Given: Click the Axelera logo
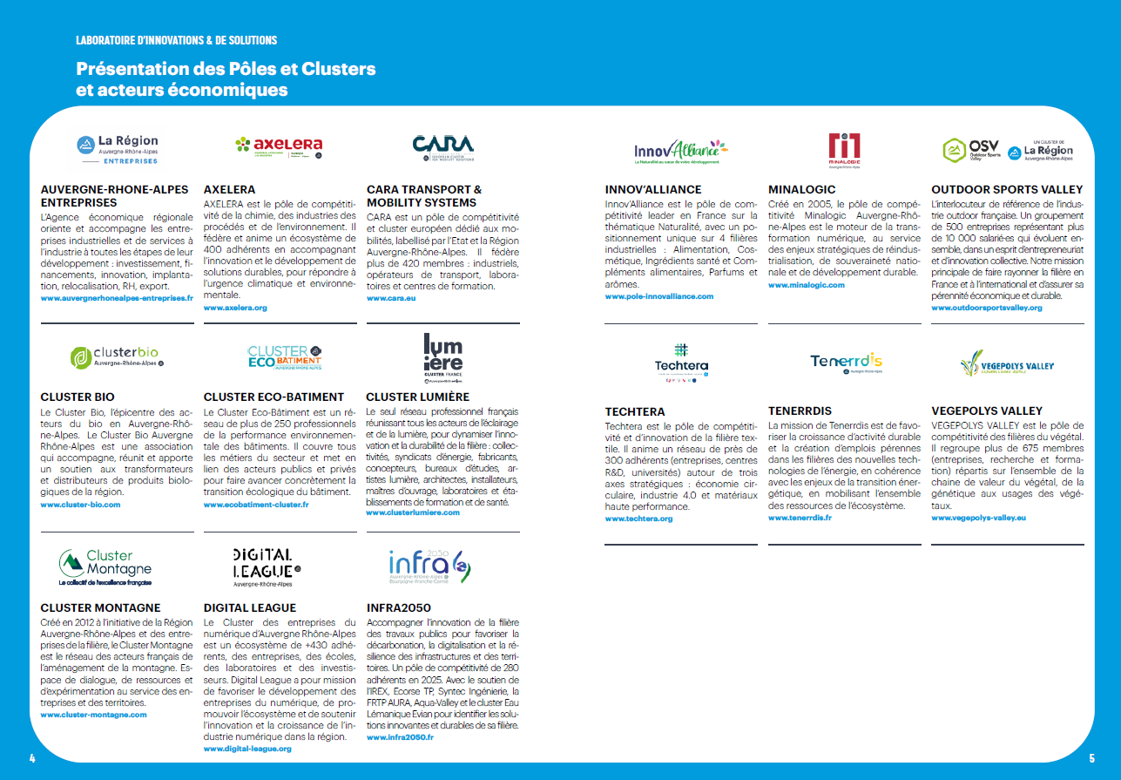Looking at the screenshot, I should tap(279, 146).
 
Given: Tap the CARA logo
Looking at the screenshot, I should tap(442, 146).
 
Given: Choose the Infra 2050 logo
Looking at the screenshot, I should tap(429, 567).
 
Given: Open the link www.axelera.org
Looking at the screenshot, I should tap(235, 309).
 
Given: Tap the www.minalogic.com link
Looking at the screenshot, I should tap(806, 285).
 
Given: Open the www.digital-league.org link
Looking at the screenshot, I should tap(247, 749).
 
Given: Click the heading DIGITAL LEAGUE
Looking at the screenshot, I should tap(250, 607).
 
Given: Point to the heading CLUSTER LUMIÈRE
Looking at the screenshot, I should tap(417, 397).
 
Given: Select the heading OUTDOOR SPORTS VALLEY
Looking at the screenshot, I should tap(1007, 189).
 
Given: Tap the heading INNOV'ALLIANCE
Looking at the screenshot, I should tap(653, 189).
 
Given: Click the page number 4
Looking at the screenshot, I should tap(32, 757).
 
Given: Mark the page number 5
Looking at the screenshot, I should tap(1091, 757).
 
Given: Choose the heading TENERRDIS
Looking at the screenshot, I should tap(800, 410).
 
